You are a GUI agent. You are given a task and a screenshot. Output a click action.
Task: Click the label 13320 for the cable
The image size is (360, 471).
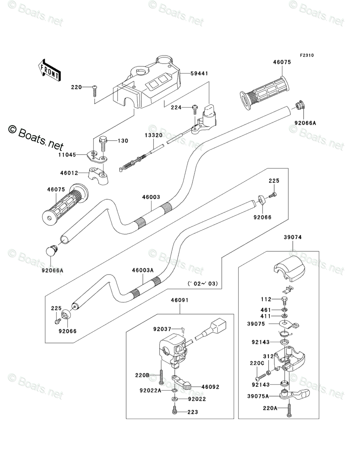click(153, 136)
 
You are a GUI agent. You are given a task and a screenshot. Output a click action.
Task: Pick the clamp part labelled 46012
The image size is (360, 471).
click(97, 175)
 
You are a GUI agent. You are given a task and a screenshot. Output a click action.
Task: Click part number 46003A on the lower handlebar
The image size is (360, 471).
click(143, 271)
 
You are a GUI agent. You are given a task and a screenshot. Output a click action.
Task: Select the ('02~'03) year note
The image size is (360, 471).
click(203, 284)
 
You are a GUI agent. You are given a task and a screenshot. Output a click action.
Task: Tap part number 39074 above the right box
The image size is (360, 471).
click(292, 238)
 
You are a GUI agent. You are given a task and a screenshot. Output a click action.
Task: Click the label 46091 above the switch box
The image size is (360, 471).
click(179, 300)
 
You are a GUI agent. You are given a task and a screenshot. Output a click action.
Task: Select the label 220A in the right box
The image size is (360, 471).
click(270, 408)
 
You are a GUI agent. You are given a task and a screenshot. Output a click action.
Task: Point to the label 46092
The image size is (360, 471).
click(210, 387)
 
